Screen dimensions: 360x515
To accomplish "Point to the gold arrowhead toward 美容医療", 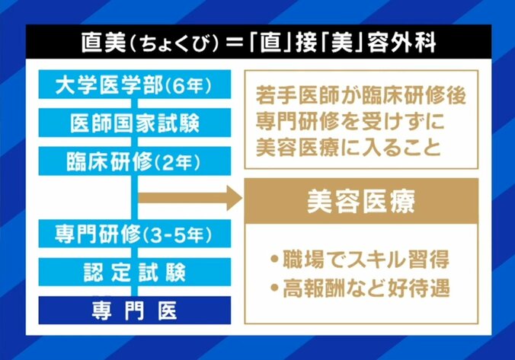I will point(229,200).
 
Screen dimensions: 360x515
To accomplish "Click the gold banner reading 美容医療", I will point(360,200).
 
